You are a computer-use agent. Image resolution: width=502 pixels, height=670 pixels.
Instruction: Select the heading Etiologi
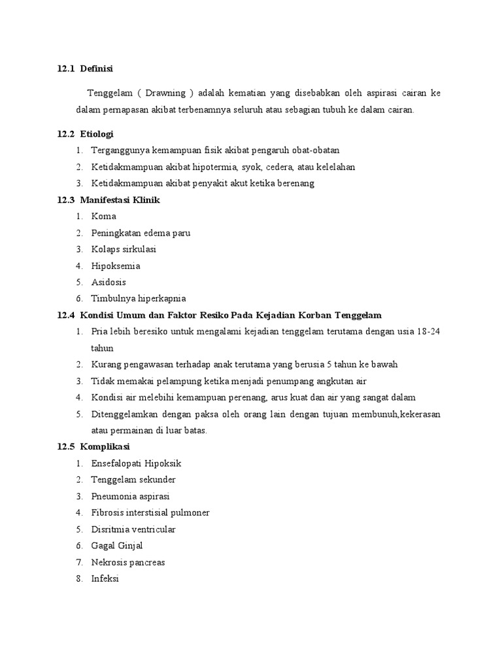click(97, 134)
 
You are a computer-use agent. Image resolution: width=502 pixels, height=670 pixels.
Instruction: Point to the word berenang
click(295, 183)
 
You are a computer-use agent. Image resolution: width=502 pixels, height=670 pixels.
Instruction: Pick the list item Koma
click(103, 217)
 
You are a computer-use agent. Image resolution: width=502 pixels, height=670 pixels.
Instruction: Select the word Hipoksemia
click(116, 266)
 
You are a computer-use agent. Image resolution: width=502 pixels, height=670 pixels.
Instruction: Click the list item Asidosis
click(109, 283)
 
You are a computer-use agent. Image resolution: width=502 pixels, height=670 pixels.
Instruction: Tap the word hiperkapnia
click(156, 299)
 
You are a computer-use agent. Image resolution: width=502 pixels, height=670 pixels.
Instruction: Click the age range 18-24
click(427, 332)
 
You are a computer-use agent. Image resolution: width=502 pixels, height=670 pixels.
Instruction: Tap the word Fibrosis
click(107, 513)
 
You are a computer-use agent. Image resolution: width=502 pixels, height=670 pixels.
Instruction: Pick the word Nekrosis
click(109, 562)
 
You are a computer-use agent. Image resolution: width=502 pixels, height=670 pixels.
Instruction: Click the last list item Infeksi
click(105, 578)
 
